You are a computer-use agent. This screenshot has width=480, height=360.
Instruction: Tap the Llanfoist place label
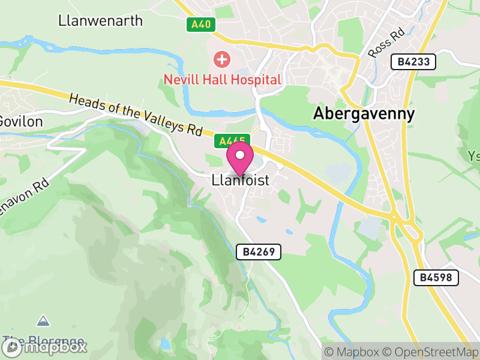coord(240,180)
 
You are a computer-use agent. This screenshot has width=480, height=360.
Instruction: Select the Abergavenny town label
coord(364,114)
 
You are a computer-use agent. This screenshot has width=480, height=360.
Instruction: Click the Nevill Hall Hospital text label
coord(223,79)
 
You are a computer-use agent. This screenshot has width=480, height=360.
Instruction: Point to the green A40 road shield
coord(200,25)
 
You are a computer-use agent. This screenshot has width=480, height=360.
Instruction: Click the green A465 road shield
coord(232,141)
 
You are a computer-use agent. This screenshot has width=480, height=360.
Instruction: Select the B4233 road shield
coord(413,61)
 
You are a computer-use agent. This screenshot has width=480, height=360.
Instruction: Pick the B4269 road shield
coord(259,252)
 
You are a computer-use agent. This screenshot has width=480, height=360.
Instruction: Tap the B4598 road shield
coord(436,277)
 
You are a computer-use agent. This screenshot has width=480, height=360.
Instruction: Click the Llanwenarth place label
coord(101,20)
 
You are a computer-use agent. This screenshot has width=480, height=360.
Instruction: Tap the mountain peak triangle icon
coord(43,321)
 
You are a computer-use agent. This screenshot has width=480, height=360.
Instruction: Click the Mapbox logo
coord(45,346)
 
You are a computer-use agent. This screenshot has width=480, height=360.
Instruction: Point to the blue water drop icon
coord(165,343)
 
